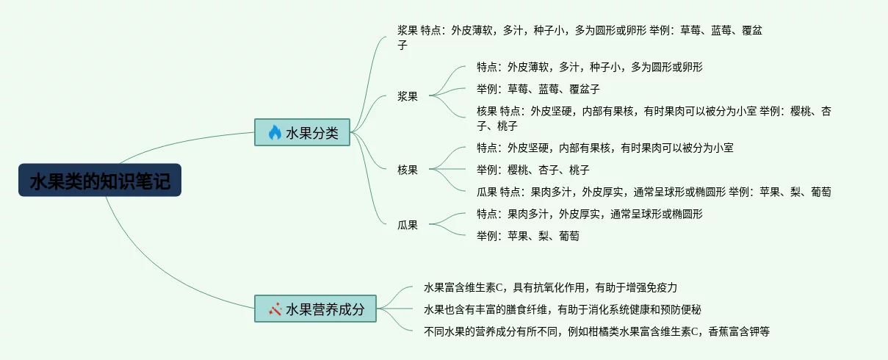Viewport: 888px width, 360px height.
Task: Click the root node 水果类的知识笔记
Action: point(100,181)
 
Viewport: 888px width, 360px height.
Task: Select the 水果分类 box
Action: point(303,132)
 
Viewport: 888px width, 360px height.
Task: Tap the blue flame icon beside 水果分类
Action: point(275,132)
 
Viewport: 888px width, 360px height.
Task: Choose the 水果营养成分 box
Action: point(315,309)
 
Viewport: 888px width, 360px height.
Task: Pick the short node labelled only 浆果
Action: point(408,96)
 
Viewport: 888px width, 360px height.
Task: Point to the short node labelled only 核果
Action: point(408,170)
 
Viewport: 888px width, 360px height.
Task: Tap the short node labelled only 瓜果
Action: point(408,225)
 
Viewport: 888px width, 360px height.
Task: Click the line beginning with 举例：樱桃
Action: point(533,170)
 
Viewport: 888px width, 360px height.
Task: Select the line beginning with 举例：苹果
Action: point(527,236)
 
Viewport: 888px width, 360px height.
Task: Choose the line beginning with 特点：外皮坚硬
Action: point(604,148)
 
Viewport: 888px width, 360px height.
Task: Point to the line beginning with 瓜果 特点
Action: point(654,192)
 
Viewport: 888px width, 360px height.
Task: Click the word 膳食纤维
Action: point(527,309)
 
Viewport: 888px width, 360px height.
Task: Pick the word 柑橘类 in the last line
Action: point(604,331)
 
